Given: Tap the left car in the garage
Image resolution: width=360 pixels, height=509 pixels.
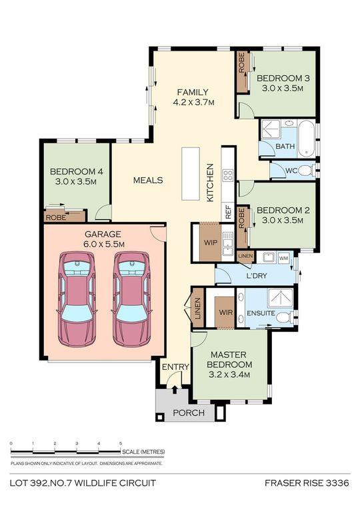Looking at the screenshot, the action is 77,299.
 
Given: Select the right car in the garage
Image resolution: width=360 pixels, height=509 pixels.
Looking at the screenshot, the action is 131,299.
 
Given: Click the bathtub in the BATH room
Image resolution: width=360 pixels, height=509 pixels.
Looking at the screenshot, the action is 307,139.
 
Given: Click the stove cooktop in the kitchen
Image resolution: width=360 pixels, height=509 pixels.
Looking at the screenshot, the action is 228,176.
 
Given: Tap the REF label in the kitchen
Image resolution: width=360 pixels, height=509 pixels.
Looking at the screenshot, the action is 228,212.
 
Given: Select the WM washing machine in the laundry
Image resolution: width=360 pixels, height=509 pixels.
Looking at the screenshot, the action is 283,258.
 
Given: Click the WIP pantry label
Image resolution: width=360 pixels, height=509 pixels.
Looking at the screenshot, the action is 211,243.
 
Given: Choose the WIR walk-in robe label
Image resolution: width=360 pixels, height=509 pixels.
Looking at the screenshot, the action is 225,312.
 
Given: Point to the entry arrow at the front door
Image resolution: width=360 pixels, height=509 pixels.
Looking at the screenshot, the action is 175,389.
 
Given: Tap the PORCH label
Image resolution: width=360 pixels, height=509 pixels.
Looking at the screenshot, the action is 189,412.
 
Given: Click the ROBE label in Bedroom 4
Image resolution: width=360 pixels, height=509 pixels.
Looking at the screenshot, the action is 56,217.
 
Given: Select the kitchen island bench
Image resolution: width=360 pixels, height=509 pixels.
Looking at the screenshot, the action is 190,174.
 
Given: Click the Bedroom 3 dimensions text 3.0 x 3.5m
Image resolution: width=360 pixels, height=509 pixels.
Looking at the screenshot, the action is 283,88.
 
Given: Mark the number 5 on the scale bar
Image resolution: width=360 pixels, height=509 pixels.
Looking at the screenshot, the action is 121,443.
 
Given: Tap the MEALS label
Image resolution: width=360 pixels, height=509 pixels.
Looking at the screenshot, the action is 148,180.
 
